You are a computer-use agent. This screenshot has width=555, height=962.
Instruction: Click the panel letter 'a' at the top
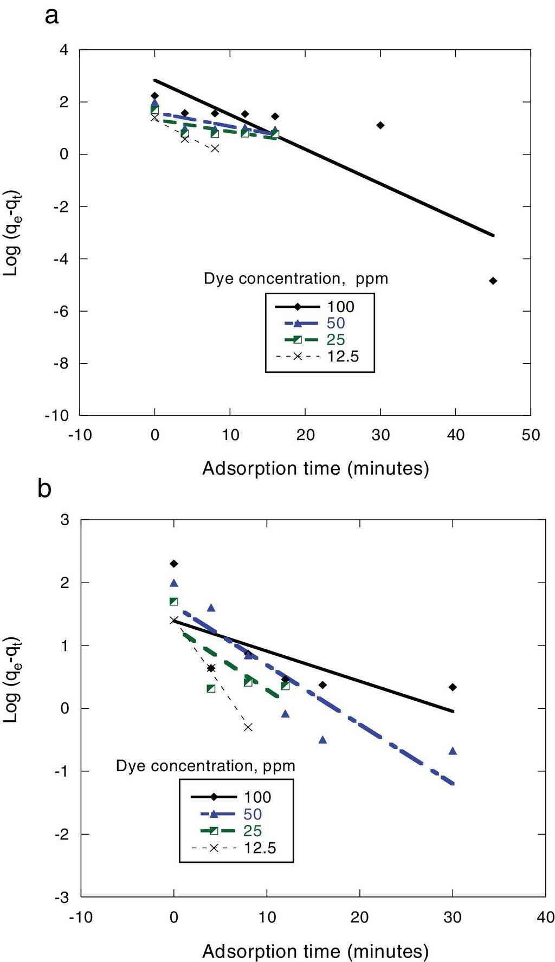[51, 16]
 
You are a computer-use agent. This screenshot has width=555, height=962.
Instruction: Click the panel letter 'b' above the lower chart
[44, 489]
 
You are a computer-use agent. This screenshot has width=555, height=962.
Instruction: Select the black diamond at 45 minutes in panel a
[493, 281]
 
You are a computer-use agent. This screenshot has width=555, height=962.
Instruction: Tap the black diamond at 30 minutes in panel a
[380, 125]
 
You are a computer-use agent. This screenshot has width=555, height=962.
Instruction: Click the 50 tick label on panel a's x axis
[531, 435]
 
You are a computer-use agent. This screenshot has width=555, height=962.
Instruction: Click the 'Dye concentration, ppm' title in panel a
[296, 279]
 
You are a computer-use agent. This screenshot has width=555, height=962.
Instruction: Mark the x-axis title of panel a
[315, 468]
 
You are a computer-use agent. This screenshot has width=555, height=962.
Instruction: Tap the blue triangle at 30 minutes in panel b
[453, 751]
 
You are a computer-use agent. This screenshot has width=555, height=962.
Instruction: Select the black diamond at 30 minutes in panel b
[453, 687]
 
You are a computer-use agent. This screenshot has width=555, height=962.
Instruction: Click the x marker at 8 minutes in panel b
[248, 727]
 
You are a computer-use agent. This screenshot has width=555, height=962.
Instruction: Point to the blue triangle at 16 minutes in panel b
[322, 739]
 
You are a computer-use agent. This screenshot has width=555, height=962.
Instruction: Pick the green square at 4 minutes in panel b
[211, 688]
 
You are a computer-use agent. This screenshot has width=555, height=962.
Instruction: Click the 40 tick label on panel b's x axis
[545, 917]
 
